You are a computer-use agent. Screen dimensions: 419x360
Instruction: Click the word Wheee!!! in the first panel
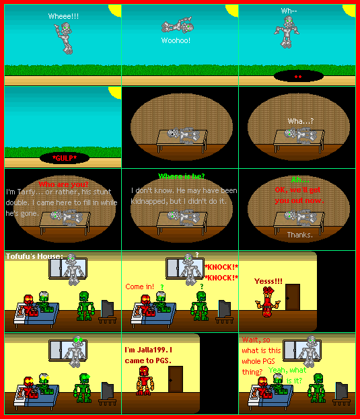(63, 15)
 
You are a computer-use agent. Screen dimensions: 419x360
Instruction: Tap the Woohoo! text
(176, 40)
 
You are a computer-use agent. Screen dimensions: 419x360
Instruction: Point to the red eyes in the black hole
(297, 77)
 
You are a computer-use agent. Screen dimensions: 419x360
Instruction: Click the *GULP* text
(65, 159)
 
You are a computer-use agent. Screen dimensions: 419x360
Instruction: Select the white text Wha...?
(301, 121)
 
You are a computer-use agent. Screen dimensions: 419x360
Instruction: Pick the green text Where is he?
(181, 177)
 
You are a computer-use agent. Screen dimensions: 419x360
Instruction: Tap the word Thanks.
(299, 235)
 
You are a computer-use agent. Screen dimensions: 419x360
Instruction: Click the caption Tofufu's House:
(34, 256)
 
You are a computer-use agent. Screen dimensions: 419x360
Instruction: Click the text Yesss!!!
(268, 281)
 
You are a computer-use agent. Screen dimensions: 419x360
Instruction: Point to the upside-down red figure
(268, 305)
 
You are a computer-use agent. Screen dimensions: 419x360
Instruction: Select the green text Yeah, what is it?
(296, 375)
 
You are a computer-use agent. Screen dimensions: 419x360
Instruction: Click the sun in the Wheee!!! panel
(114, 9)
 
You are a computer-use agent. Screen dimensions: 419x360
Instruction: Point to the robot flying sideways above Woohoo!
(178, 27)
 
